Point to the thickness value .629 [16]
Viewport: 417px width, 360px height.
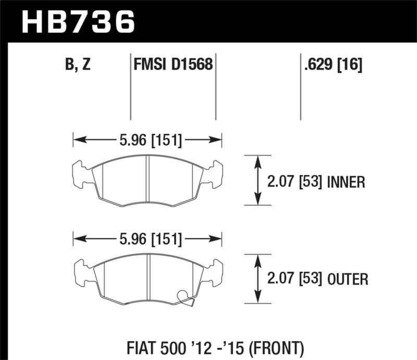click(x=332, y=66)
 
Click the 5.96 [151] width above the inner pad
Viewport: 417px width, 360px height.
click(x=148, y=140)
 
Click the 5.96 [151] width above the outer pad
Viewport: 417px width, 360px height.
click(x=148, y=240)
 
